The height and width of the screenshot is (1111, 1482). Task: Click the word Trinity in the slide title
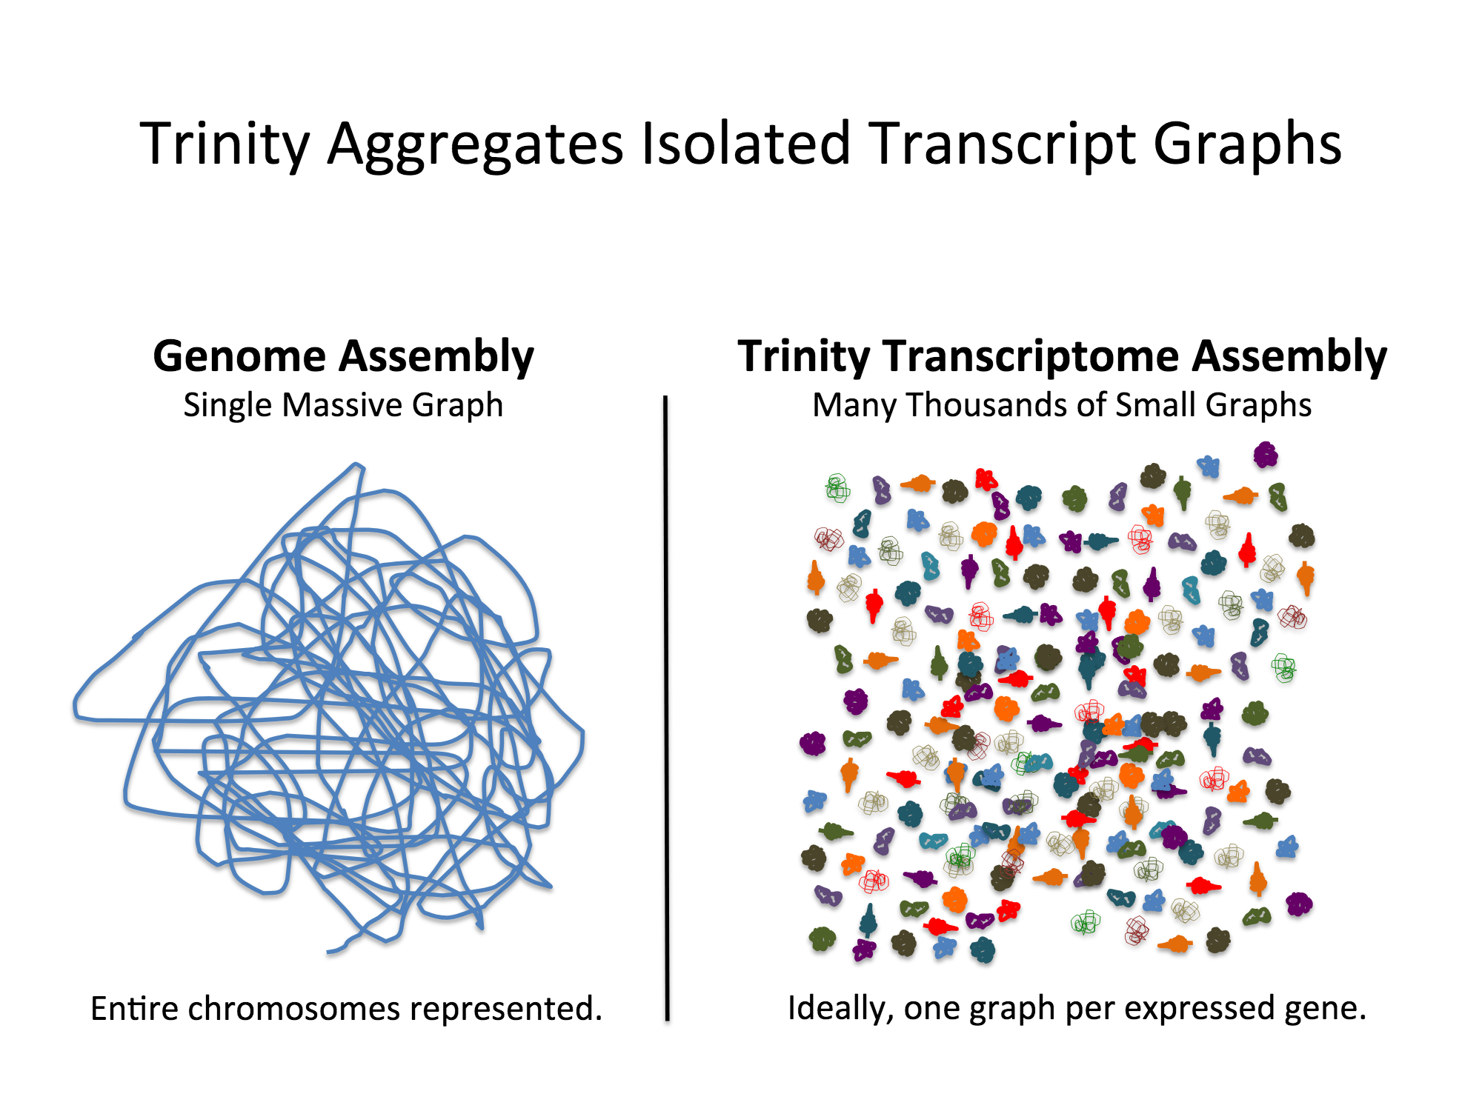pos(225,144)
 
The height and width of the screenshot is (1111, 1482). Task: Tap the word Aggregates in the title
pos(475,145)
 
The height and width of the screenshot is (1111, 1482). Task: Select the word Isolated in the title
pos(745,144)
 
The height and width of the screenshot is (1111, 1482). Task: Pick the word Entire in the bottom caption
pos(133,1009)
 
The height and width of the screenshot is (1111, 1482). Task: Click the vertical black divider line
pos(666,704)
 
